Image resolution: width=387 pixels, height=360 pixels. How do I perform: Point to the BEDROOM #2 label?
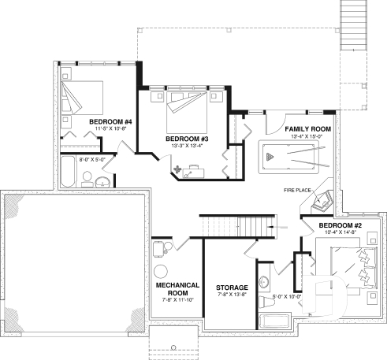(x=340, y=227)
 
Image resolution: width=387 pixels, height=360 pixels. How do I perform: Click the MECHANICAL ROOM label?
(x=177, y=288)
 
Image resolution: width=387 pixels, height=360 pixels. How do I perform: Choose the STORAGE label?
(x=233, y=288)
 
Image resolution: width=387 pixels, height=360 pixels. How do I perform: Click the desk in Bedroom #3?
(x=194, y=170)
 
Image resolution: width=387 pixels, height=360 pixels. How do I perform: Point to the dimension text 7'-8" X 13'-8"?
(x=233, y=296)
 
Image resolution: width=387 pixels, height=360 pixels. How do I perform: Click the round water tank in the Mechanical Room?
(x=162, y=272)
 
